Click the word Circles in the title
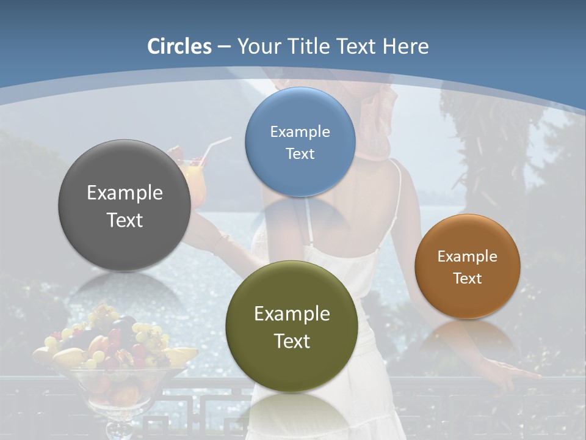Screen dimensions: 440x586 coord(179,46)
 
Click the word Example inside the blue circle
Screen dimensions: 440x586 coord(300,131)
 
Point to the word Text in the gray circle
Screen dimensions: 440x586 coord(125,220)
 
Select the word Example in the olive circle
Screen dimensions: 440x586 coord(292,314)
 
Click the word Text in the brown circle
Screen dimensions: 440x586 coord(468,279)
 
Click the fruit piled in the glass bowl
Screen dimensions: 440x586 coord(113,342)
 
